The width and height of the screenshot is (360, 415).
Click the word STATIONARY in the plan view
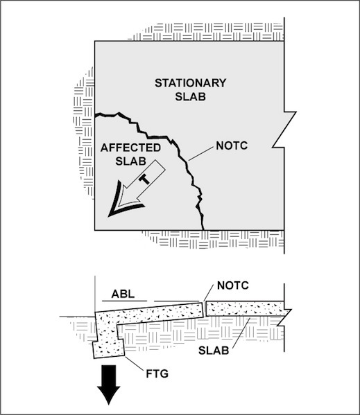pyautogui.click(x=191, y=83)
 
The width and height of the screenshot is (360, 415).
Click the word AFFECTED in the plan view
pyautogui.click(x=130, y=148)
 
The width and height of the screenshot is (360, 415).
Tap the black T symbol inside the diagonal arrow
pyautogui.click(x=144, y=179)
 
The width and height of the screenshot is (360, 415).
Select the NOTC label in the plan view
pyautogui.click(x=232, y=145)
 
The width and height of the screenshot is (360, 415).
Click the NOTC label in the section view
pyautogui.click(x=233, y=285)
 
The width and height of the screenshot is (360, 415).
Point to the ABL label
pyautogui.click(x=123, y=294)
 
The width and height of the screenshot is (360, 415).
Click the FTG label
pyautogui.click(x=157, y=373)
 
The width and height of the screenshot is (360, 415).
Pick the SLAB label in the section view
pyautogui.click(x=214, y=351)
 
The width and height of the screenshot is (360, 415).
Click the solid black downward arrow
pyautogui.click(x=109, y=385)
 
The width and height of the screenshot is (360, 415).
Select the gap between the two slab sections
pyautogui.click(x=204, y=309)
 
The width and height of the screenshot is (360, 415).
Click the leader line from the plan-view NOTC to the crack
pyautogui.click(x=200, y=154)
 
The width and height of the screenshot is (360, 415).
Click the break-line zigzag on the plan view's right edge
pyautogui.click(x=284, y=129)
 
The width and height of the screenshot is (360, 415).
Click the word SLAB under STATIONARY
pyautogui.click(x=191, y=96)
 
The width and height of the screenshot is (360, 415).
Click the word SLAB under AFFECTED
pyautogui.click(x=131, y=161)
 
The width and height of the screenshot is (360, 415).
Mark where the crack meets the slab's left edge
pyautogui.click(x=95, y=115)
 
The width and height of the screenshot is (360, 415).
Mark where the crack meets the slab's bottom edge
pyautogui.click(x=203, y=230)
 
